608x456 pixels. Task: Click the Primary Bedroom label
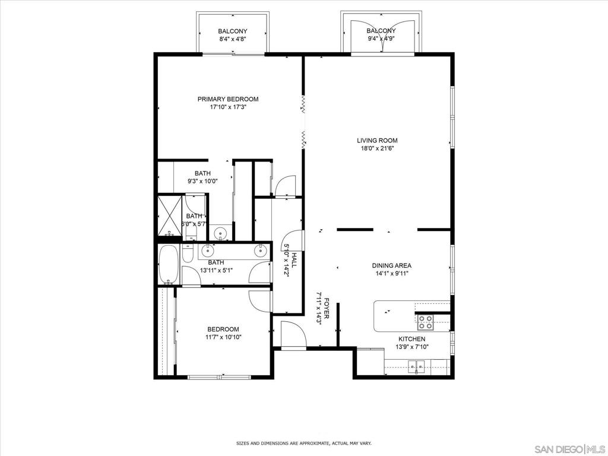tap(228, 99)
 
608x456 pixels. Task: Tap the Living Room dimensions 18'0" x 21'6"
tap(377, 148)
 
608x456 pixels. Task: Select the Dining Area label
tap(392, 265)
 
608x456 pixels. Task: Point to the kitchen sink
tap(416, 365)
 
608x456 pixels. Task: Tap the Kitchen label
tap(412, 339)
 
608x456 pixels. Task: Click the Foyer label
tap(327, 308)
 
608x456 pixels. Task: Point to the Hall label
tap(294, 260)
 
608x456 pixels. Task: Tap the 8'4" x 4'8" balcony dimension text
tap(233, 39)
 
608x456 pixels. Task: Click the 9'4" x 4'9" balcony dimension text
tap(381, 39)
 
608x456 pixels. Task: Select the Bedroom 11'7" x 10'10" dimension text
tap(223, 337)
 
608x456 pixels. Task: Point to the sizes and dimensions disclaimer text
tap(304, 443)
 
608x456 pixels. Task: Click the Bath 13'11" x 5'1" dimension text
tap(216, 270)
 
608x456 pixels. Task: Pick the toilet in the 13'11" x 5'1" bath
tap(188, 252)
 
